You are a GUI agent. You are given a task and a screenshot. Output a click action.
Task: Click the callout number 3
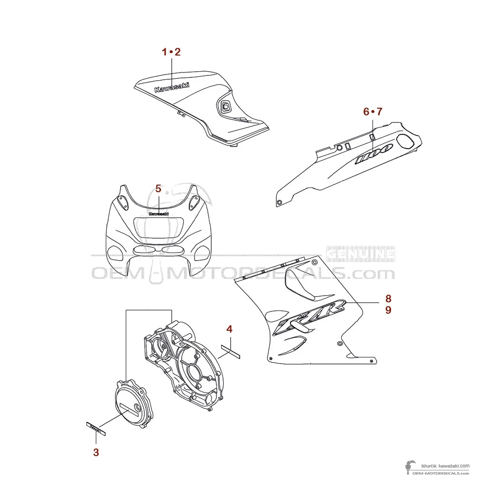96,452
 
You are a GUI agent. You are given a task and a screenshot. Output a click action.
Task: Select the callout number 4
229,328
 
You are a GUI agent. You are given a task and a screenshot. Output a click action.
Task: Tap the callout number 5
159,188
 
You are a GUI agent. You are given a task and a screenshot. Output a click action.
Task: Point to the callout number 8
388,299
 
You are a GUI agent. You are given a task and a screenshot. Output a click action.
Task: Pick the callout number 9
388,310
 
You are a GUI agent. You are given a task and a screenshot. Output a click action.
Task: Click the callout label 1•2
171,52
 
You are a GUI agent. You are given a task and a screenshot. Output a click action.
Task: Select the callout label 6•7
373,112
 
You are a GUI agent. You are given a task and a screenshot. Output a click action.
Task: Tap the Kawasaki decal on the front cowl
159,214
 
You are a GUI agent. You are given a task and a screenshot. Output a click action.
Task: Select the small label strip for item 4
231,352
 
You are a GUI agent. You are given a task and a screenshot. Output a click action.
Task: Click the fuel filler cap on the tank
225,106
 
